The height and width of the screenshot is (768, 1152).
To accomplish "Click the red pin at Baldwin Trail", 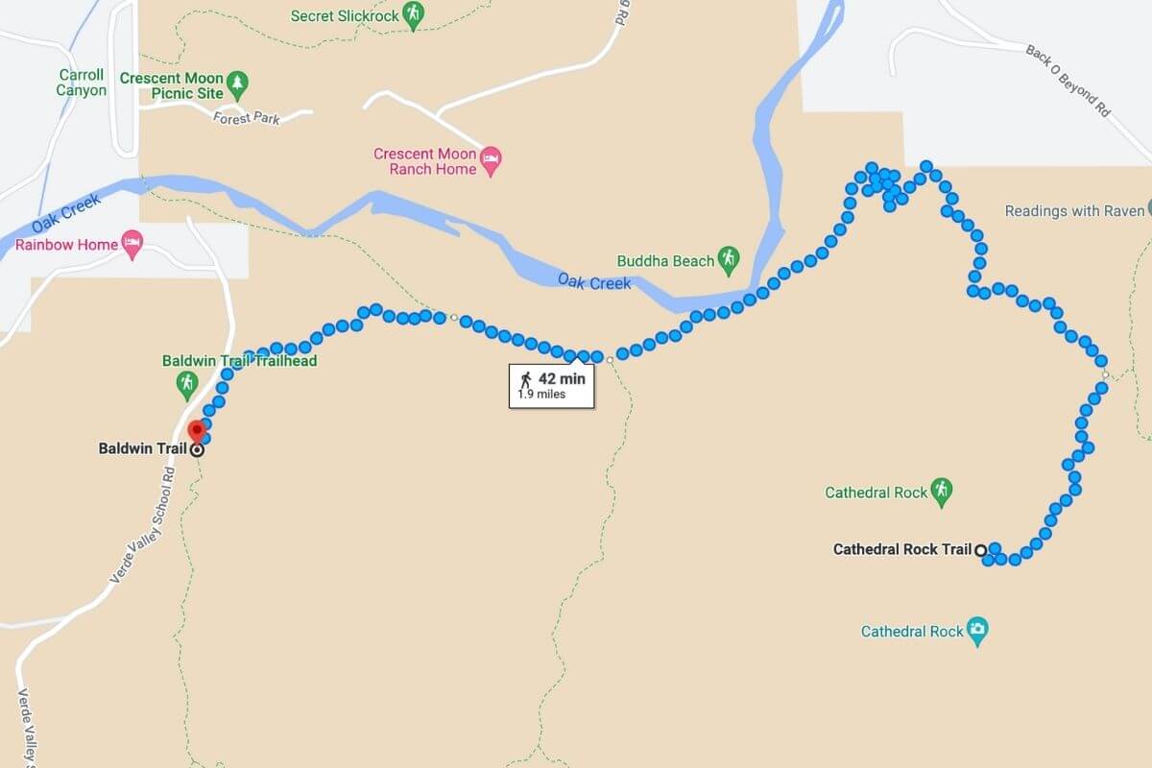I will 197,430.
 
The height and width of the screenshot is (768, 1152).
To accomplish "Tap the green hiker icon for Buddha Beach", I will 730,258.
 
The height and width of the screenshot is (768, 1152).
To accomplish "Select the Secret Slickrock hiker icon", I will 413,14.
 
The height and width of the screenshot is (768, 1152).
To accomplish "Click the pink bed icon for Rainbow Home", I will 132,243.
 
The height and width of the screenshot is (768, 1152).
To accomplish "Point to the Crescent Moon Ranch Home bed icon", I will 492,160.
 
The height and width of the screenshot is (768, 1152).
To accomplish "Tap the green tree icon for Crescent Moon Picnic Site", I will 238,85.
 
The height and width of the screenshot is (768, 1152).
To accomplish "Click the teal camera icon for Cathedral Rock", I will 977,631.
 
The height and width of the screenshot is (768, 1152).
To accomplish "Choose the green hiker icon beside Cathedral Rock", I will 943,491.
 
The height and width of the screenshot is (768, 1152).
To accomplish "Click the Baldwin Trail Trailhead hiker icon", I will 187,385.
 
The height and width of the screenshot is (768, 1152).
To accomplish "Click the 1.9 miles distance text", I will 541,394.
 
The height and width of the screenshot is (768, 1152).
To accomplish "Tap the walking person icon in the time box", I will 525,377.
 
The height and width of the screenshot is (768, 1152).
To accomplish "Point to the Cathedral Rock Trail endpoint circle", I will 980,550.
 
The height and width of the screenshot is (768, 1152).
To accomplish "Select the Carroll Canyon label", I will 82,83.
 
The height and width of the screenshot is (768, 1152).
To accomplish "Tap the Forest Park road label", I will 247,117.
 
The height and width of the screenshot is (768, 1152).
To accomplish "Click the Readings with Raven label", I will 1073,210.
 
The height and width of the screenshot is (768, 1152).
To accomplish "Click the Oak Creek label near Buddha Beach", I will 595,282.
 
